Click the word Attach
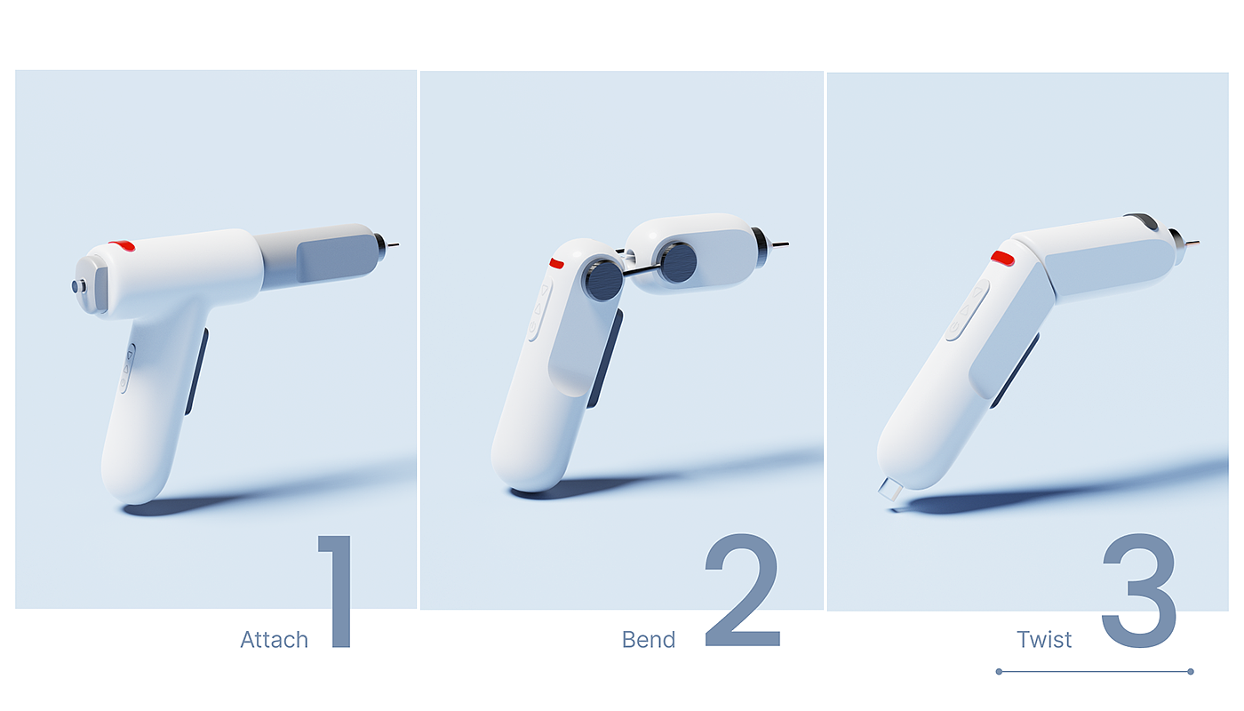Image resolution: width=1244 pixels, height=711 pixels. pos(275,640)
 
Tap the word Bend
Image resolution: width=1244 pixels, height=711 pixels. pos(649,640)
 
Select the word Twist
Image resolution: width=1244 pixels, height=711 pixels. pos(1044,640)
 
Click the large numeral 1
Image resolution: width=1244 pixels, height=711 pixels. pos(336,591)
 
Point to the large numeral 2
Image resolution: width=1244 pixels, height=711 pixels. pos(743,590)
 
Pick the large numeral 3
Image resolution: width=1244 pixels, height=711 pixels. pos(1139,590)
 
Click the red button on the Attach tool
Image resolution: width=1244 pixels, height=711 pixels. pos(123,245)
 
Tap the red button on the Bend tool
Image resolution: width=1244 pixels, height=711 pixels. pos(556,263)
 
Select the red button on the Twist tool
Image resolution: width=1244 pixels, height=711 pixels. pos(1003,259)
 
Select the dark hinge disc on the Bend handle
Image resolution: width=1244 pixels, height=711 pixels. pos(603,280)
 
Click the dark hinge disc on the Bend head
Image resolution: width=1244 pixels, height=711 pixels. pos(677,262)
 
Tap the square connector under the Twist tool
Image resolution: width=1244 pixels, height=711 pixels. pos(890,489)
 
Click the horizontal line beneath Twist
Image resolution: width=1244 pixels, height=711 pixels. pos(1095,672)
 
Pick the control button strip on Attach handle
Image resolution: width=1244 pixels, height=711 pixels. pos(127,368)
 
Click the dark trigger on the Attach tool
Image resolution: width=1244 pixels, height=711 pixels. pos(196,371)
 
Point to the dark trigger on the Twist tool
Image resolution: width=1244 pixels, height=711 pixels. pos(1014,371)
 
